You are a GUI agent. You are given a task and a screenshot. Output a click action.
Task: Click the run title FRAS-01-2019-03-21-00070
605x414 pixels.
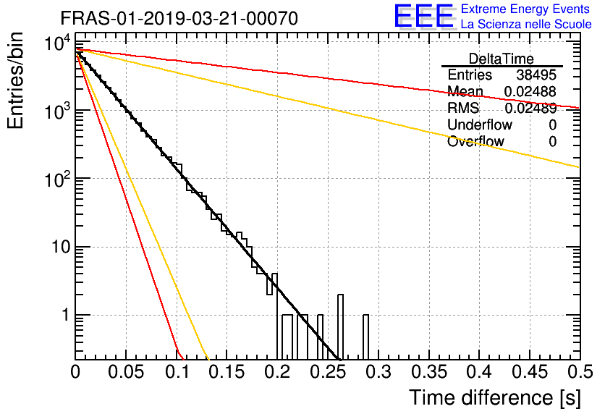coord(179,18)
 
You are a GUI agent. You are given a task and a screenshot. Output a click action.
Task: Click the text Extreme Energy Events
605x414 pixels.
coord(526,9)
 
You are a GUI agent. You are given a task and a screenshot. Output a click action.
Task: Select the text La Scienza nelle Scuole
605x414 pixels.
coord(526,25)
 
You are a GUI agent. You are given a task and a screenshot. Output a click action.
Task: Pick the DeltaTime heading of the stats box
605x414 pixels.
coord(502,59)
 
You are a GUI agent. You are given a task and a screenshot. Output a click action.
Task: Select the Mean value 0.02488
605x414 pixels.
coord(530,91)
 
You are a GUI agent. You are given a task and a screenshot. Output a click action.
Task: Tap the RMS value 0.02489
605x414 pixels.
coord(530,108)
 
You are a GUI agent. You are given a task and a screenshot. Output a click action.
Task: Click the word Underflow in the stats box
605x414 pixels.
coord(479,124)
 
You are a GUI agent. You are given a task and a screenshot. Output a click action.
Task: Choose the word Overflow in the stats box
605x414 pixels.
coord(475,141)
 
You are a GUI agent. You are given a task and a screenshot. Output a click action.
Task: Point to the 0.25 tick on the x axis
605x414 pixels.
coord(328,373)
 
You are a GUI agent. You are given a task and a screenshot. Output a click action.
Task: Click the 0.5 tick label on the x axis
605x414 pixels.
coord(579,373)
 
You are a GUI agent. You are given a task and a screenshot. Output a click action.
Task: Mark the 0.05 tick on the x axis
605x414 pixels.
coord(126,373)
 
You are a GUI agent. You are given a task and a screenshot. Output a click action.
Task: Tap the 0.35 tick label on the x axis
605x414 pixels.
coord(428,373)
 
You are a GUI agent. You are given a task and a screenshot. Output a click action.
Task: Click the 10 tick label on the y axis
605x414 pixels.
coord(59,248)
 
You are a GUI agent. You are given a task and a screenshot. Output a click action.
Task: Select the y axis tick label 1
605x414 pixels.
coord(64,316)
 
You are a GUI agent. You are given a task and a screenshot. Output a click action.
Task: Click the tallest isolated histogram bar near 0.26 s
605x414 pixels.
coord(341,326)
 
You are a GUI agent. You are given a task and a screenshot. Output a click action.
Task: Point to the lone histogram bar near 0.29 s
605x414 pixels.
coord(366,337)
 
